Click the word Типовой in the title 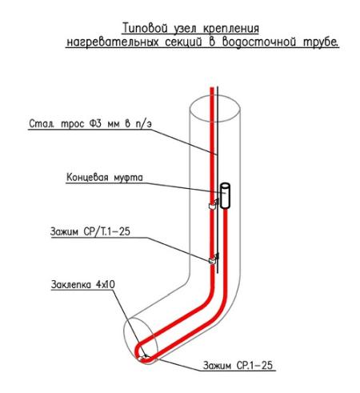click(x=146, y=29)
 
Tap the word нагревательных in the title click(x=113, y=42)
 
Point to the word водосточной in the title click(x=259, y=42)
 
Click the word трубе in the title click(x=321, y=42)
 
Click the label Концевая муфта click(x=105, y=178)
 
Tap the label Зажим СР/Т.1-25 click(x=90, y=231)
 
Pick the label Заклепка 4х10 click(x=83, y=285)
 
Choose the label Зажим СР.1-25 click(x=238, y=365)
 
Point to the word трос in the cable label click(x=73, y=124)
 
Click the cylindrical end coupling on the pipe click(x=225, y=195)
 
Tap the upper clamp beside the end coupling click(x=213, y=205)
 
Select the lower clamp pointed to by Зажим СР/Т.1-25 click(x=213, y=259)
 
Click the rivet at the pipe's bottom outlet click(x=145, y=356)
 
